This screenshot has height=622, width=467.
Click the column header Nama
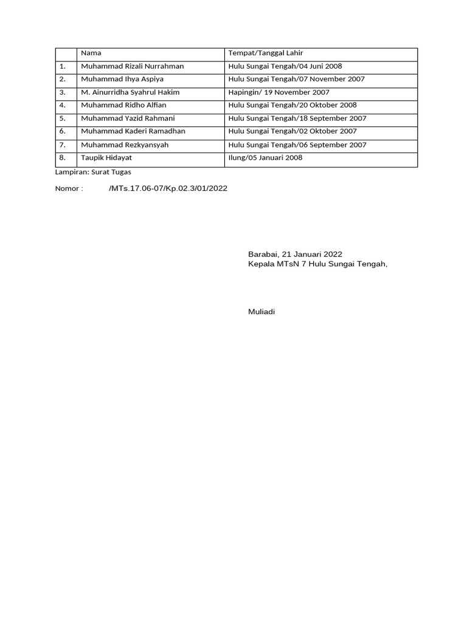(x=91, y=53)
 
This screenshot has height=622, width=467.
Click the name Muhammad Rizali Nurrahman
(x=133, y=66)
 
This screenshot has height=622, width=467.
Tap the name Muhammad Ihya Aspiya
(x=122, y=80)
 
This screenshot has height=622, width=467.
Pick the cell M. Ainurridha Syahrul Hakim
(x=130, y=92)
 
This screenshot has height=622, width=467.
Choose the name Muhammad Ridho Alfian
(x=123, y=105)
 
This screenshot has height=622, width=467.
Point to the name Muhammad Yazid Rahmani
(x=128, y=118)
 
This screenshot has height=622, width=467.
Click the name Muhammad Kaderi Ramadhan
(x=133, y=131)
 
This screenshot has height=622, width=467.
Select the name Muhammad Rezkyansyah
(x=125, y=145)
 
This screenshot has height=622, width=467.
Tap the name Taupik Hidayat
(x=106, y=158)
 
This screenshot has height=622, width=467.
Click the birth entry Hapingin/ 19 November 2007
(x=279, y=92)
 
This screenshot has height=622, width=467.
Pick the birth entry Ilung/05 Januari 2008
(x=265, y=158)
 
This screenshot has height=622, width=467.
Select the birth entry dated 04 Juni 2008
(x=286, y=66)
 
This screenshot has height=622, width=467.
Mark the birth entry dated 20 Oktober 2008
(x=292, y=105)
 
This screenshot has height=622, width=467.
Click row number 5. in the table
(x=63, y=118)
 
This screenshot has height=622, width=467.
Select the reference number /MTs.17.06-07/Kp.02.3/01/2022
(x=168, y=188)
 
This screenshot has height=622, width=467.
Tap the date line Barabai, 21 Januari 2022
(x=295, y=255)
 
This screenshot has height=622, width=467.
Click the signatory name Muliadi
(x=261, y=312)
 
